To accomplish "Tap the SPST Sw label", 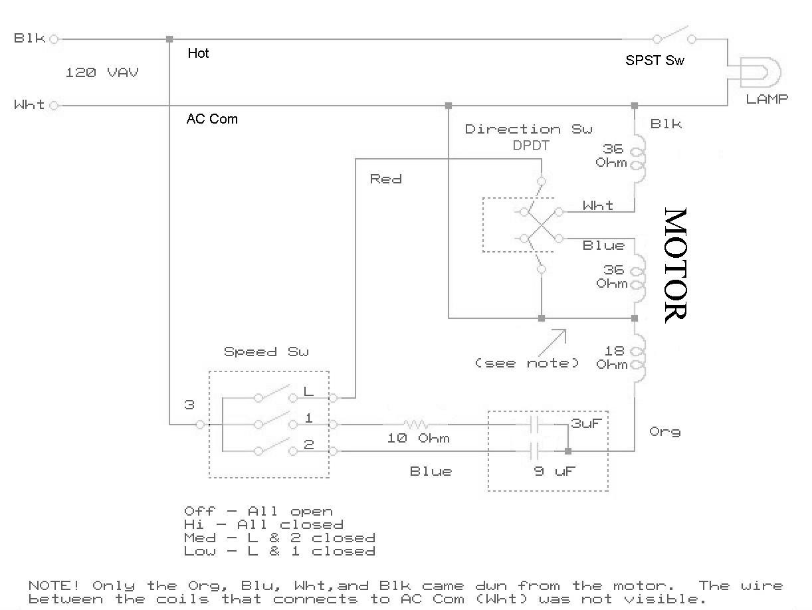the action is coord(655,60).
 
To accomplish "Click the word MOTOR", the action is coord(676,265).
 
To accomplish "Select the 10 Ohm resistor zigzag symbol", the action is coord(416,424).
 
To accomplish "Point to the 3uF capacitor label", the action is coord(586,423).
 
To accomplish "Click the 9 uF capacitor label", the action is coord(555,471).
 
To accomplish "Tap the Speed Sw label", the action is coord(266,352).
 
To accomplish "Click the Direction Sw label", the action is coord(529,129).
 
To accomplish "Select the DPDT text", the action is coord(531,146).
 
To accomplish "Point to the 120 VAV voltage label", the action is coord(102,72).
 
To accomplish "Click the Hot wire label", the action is coord(198,53).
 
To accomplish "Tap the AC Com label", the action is coord(212,119).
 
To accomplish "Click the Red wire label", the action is coord(386,179).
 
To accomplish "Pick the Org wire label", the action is coord(664,432).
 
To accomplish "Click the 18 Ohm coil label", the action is coord(612,357).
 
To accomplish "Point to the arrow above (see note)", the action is coord(552,343).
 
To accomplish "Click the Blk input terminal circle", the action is coord(54,39).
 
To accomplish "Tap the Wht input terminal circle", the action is coord(54,106).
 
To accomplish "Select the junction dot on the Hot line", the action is coord(169,39).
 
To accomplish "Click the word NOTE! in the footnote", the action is coord(54,585).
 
